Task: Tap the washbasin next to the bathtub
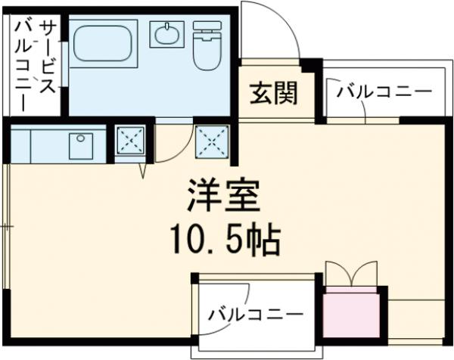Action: (166, 34)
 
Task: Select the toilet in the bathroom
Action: (206, 46)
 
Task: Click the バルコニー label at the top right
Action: (384, 93)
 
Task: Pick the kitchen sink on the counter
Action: (81, 144)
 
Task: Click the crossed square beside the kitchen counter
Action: (129, 142)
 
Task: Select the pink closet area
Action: (350, 315)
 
